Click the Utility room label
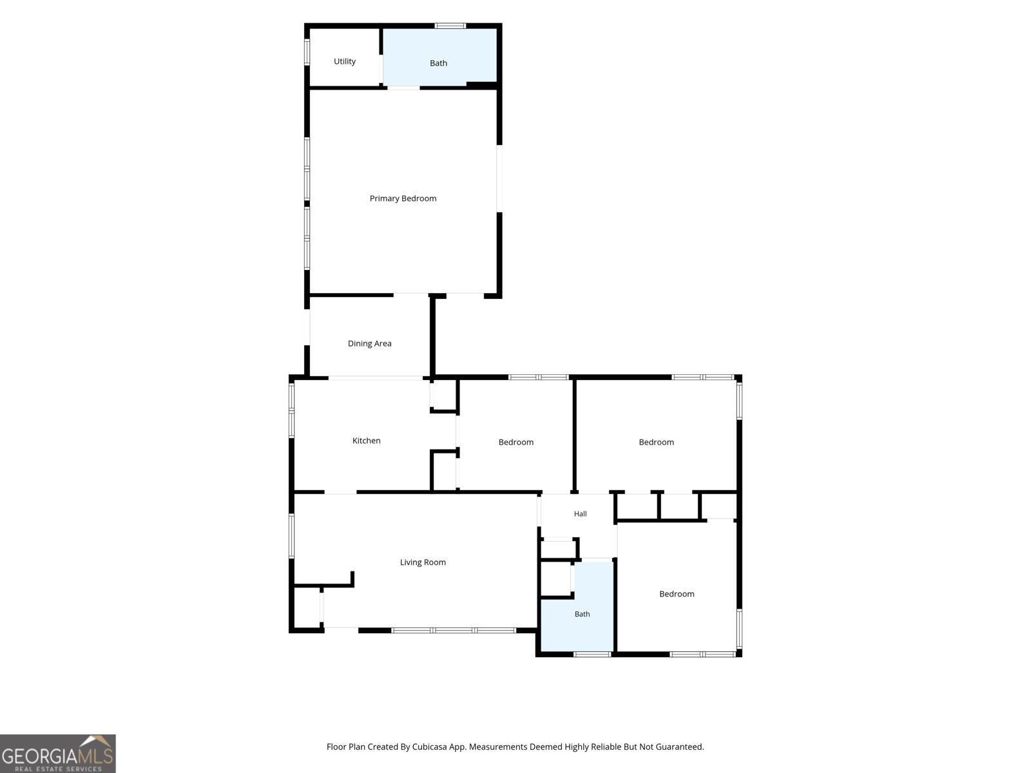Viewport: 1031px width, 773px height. click(344, 61)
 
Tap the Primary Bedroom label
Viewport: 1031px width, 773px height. click(403, 198)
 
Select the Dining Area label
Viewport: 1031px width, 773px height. click(370, 343)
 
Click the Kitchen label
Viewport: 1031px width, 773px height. click(367, 441)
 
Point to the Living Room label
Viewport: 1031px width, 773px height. click(423, 562)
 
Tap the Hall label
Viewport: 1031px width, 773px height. click(580, 514)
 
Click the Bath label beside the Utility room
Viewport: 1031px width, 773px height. click(438, 63)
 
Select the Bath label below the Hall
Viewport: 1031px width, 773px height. click(582, 614)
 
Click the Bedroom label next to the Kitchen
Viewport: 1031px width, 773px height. click(515, 442)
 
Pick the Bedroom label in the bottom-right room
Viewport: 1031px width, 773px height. click(677, 594)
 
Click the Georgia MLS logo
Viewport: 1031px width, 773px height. click(58, 753)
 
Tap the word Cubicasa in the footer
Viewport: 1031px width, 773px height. click(429, 747)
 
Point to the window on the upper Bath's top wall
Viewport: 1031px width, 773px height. click(450, 26)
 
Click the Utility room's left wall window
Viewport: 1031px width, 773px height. click(307, 52)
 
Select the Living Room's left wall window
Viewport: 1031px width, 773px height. click(291, 536)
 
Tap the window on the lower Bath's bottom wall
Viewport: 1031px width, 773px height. click(592, 654)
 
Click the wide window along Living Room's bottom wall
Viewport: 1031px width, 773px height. click(454, 631)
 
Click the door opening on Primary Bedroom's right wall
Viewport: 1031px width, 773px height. click(499, 178)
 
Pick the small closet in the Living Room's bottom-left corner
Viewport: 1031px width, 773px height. click(307, 607)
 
